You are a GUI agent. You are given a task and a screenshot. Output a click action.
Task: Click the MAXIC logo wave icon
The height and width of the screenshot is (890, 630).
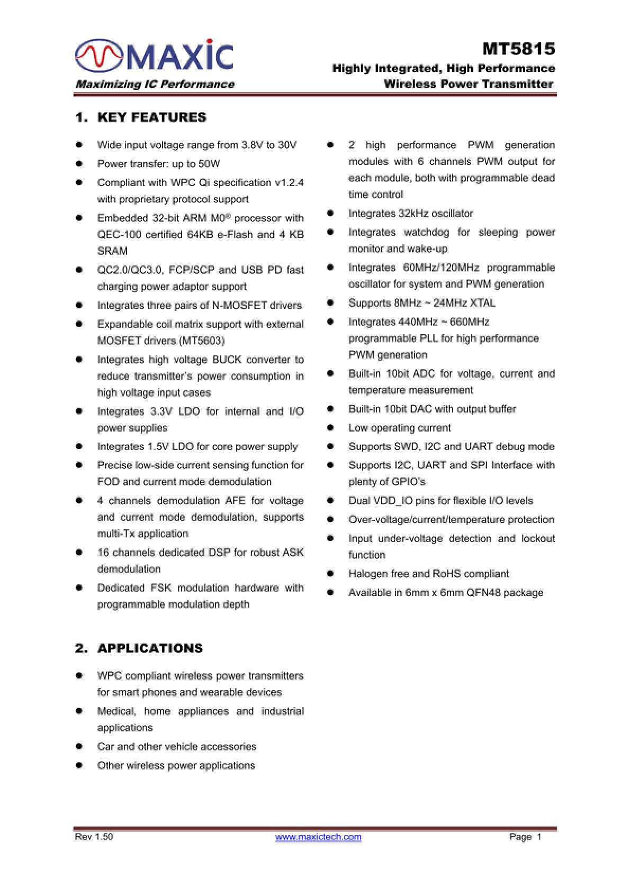[99, 56]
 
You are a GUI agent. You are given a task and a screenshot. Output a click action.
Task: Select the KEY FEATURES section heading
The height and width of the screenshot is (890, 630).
[151, 117]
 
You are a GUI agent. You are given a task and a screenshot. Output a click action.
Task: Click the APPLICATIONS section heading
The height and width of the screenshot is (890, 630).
[150, 648]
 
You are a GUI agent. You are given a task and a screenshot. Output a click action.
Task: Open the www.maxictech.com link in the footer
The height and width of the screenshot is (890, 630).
[318, 837]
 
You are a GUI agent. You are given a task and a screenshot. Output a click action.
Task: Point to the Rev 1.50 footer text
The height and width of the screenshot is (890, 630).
[94, 837]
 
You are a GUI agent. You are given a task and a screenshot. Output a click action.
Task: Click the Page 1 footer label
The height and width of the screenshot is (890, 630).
[525, 837]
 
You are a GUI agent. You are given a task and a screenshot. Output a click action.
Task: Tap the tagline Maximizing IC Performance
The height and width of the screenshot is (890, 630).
[155, 84]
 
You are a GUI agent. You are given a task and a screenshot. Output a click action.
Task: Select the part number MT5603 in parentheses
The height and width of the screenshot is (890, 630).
[203, 341]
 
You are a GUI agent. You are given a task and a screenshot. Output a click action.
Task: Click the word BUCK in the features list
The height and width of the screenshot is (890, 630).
[227, 360]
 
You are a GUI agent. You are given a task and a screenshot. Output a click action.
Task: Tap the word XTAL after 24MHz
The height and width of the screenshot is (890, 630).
[482, 303]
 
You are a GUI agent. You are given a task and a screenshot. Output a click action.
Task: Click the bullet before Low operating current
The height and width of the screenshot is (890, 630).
[330, 428]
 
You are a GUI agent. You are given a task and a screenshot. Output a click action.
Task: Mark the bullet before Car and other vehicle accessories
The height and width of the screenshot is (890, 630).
[79, 747]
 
